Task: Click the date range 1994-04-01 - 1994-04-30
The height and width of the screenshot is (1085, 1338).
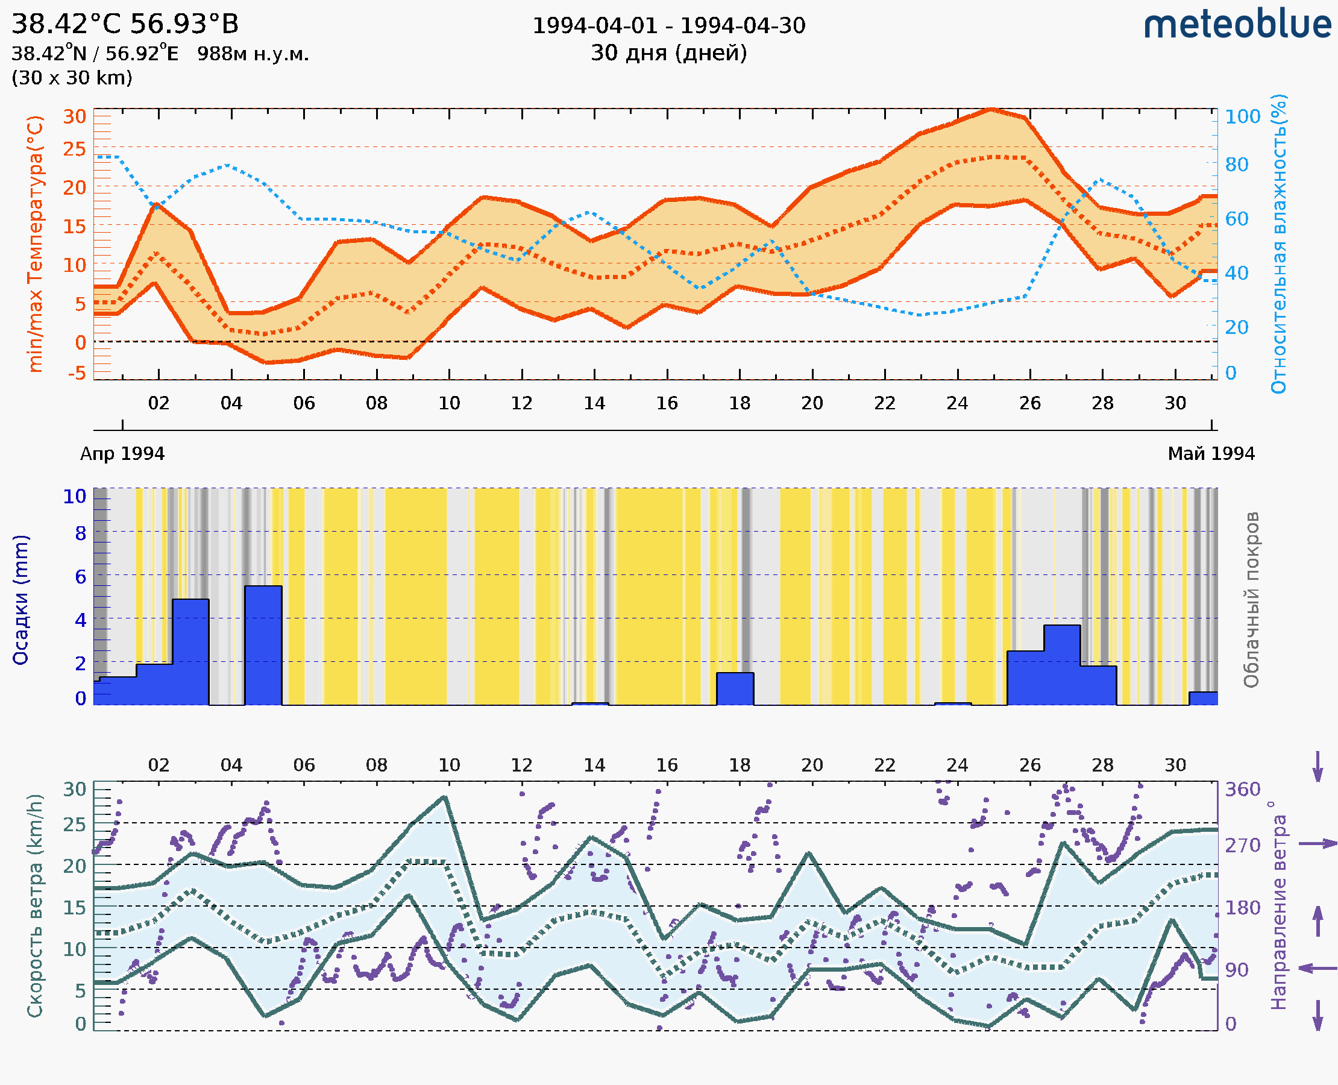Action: (668, 26)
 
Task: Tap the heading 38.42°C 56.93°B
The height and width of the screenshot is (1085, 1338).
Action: (125, 24)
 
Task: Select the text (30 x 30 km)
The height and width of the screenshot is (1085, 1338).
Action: (72, 78)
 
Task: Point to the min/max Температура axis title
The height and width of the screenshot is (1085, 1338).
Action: (36, 244)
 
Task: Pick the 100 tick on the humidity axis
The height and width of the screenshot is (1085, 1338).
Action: (1242, 117)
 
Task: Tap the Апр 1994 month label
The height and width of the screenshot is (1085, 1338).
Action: (122, 454)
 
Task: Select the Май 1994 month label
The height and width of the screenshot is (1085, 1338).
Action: (1210, 454)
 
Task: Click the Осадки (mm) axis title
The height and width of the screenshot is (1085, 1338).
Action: (20, 600)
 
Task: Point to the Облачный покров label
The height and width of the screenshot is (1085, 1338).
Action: (1251, 600)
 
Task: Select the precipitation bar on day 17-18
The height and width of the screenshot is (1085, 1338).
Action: (735, 689)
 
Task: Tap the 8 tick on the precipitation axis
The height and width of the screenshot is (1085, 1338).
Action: (81, 533)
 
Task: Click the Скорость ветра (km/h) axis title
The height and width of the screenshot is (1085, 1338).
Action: (36, 905)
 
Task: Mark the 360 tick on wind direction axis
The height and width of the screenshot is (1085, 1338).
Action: (1242, 790)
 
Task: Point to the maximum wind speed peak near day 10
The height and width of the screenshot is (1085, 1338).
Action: (444, 797)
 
